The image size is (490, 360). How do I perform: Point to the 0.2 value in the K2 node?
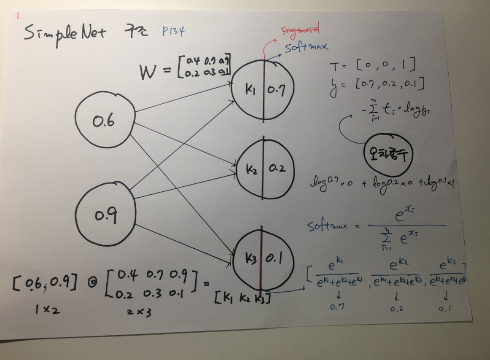pyautogui.click(x=277, y=169)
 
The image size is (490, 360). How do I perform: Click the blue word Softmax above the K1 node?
pyautogui.click(x=306, y=46)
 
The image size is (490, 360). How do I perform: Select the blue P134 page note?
pyautogui.click(x=173, y=31)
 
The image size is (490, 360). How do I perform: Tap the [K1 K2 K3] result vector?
pyautogui.click(x=242, y=299)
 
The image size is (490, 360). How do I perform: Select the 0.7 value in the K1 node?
pyautogui.click(x=277, y=91)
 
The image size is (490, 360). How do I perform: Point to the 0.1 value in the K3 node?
pyautogui.click(x=275, y=258)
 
